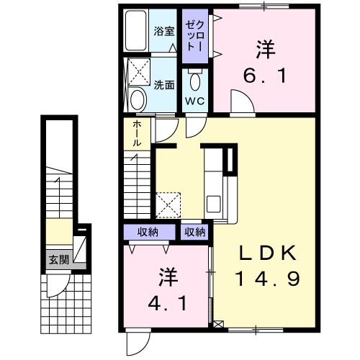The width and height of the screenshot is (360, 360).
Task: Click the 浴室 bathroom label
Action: [x=164, y=31]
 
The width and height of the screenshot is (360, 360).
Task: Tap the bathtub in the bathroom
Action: [x=135, y=30]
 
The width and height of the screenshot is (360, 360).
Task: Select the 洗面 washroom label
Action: [x=164, y=85]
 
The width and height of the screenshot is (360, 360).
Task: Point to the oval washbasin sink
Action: [x=138, y=100]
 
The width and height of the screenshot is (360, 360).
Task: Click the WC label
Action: [x=194, y=101]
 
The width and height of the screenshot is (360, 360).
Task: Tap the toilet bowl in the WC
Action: [x=195, y=81]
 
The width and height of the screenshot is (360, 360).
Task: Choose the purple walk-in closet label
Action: [x=195, y=36]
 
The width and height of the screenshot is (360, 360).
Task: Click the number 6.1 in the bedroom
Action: [x=265, y=76]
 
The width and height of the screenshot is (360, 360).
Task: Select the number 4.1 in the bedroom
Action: [x=167, y=303]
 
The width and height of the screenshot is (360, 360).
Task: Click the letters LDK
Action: [x=268, y=253]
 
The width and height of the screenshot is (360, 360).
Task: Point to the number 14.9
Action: [x=268, y=279]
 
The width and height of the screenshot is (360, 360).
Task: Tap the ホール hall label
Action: [x=137, y=133]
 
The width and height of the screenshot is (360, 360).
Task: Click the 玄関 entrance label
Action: [x=59, y=260]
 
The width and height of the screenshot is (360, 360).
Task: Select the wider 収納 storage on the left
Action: [x=148, y=232]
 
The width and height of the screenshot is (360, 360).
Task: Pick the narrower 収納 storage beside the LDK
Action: [x=195, y=232]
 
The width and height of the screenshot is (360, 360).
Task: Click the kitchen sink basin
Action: [x=214, y=204]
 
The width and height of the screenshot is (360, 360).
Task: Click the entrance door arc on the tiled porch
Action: [x=62, y=289]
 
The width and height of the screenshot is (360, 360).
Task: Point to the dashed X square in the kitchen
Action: [x=168, y=205]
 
